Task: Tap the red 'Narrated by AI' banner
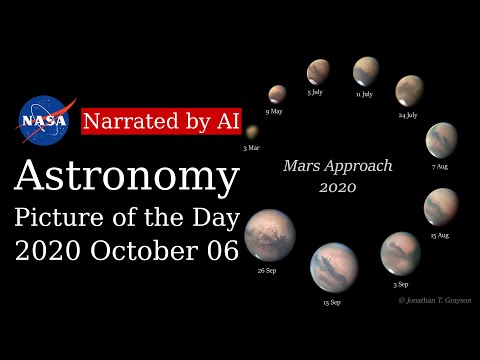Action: click(161, 120)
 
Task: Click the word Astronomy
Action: click(127, 177)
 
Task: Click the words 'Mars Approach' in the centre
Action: click(338, 166)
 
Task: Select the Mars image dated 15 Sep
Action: click(334, 266)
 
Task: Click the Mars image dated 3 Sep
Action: click(401, 252)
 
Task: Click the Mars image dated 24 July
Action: click(410, 91)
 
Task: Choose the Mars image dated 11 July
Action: click(365, 71)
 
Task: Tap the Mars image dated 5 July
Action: click(319, 71)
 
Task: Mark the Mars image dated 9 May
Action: click(277, 94)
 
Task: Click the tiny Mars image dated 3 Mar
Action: click(252, 131)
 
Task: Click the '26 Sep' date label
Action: click(267, 271)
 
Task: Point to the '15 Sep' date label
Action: click(331, 301)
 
